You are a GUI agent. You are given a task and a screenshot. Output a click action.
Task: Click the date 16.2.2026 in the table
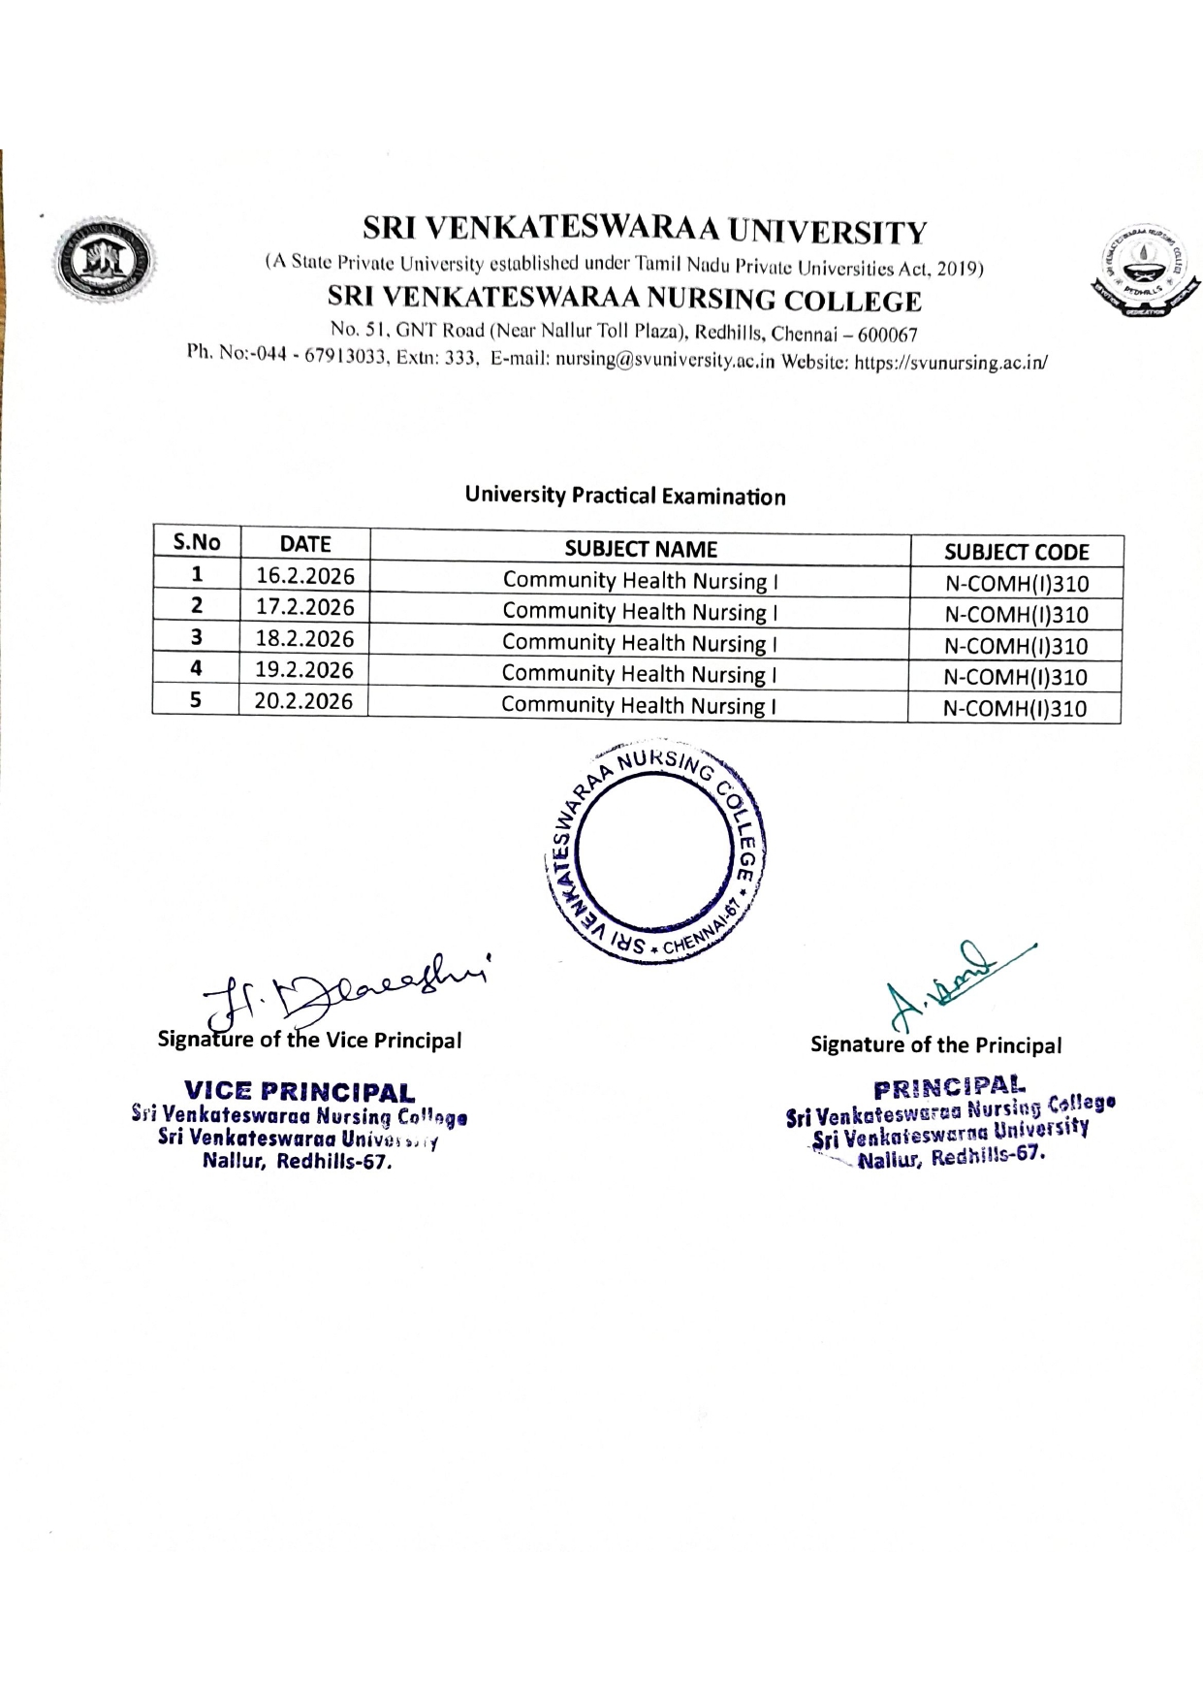305,576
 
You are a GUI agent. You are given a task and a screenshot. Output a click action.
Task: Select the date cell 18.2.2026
305,638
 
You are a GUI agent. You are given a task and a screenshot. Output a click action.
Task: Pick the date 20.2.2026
303,700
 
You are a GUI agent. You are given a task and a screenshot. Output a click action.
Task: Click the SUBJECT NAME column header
641,549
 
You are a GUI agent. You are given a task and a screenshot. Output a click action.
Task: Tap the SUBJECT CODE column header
1017,552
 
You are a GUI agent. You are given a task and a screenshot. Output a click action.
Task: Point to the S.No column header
197,542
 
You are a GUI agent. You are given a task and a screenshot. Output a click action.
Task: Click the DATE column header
305,544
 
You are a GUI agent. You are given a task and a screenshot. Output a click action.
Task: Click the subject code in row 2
1016,615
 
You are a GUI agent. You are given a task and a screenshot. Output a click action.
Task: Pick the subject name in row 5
639,705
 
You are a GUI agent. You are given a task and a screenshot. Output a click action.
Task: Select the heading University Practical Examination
624,497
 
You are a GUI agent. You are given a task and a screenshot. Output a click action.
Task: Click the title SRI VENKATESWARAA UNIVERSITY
645,231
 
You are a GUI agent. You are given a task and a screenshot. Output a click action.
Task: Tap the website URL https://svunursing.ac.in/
950,364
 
